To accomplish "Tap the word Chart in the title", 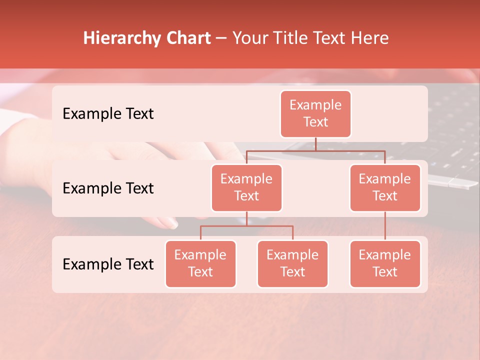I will pyautogui.click(x=187, y=38).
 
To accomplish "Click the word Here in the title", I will pyautogui.click(x=370, y=38).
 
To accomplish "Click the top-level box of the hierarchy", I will pyautogui.click(x=315, y=113).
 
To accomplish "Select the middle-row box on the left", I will pyautogui.click(x=246, y=187).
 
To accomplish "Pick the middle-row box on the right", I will pyautogui.click(x=385, y=187).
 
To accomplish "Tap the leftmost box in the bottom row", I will pyautogui.click(x=200, y=263).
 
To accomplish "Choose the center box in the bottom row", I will pyautogui.click(x=292, y=263).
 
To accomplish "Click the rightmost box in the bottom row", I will pyautogui.click(x=385, y=263).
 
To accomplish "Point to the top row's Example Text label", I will pyautogui.click(x=108, y=114).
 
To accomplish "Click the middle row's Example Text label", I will pyautogui.click(x=108, y=188).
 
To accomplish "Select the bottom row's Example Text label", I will pyautogui.click(x=108, y=264).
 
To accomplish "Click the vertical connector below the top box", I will pyautogui.click(x=315, y=144).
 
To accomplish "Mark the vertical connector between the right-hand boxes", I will pyautogui.click(x=385, y=225).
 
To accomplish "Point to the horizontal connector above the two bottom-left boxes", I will pyautogui.click(x=246, y=226).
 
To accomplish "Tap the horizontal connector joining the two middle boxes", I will pyautogui.click(x=315, y=150).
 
